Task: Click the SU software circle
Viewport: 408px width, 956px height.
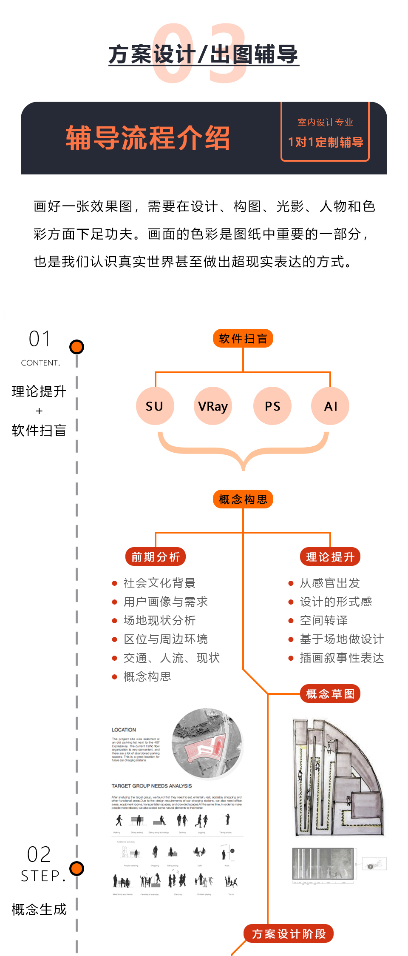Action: point(155,406)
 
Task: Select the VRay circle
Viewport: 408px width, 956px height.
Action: point(213,406)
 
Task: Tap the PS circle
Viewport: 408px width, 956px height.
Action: point(272,406)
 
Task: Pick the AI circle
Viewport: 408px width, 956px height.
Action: point(330,406)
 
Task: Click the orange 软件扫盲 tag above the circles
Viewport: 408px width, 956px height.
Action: point(243,339)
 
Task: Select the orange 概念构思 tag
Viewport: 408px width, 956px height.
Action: point(243,499)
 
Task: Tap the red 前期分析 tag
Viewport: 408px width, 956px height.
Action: point(156,556)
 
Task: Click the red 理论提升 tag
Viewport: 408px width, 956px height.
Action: point(330,556)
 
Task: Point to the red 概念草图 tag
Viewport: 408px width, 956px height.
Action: point(330,694)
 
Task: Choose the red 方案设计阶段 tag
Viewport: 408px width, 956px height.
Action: point(289,933)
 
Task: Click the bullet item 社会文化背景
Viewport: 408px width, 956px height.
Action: point(159,583)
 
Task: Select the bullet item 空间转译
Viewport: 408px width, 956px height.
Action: point(324,620)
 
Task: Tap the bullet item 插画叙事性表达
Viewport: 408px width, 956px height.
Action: point(342,658)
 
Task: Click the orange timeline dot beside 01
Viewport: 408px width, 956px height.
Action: point(77,347)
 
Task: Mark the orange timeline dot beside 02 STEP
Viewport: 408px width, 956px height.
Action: point(77,868)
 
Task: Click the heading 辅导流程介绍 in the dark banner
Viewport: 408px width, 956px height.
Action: point(147,138)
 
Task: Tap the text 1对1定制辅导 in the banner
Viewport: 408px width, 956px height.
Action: point(326,142)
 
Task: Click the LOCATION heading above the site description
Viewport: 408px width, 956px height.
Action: point(124,730)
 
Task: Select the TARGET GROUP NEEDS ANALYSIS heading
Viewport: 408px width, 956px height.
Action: point(152,786)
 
